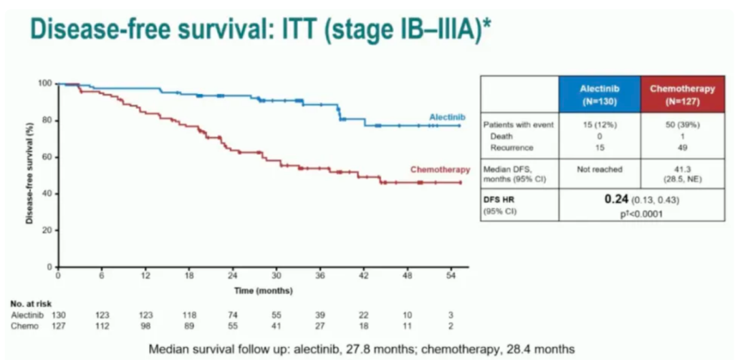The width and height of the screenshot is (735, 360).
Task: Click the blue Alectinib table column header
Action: coord(599,94)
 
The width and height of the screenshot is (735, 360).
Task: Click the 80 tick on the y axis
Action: coord(47,120)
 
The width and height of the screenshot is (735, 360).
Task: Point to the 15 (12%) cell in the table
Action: coord(599,125)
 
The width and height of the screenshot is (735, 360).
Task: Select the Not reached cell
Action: coord(599,169)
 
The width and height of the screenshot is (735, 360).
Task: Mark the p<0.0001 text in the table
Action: coord(639,212)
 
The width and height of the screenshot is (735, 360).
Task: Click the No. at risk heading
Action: coord(31,304)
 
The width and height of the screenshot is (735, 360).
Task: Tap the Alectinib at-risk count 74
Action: coord(233,315)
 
